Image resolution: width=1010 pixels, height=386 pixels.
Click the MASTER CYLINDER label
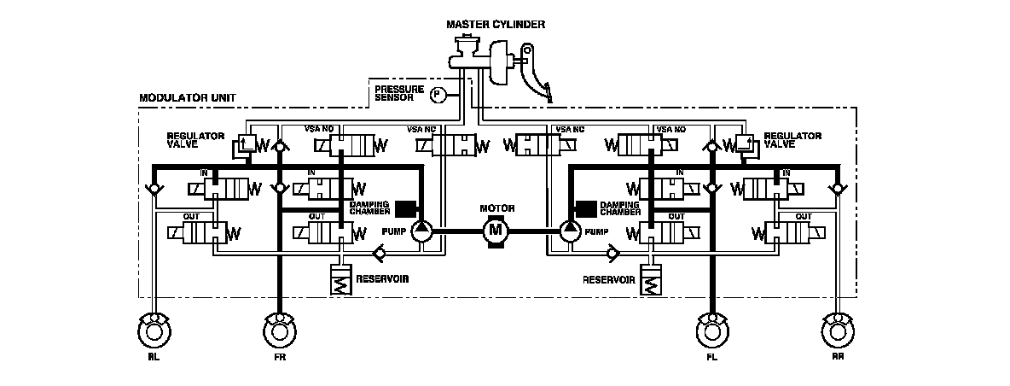[496, 24]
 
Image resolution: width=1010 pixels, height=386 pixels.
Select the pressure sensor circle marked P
[438, 94]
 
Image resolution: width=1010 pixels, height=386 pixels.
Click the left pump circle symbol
[423, 229]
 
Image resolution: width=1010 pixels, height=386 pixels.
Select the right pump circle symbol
[570, 229]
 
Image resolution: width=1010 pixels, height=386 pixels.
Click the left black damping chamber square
[406, 208]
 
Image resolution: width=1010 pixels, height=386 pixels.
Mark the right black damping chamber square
[586, 208]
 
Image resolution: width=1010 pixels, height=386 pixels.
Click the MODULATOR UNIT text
[177, 99]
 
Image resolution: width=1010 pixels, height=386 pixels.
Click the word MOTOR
[496, 208]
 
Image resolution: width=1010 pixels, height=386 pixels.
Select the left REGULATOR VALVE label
[195, 140]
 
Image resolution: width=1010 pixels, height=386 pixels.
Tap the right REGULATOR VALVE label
[792, 140]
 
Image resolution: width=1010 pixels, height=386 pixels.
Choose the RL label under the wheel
[154, 359]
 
